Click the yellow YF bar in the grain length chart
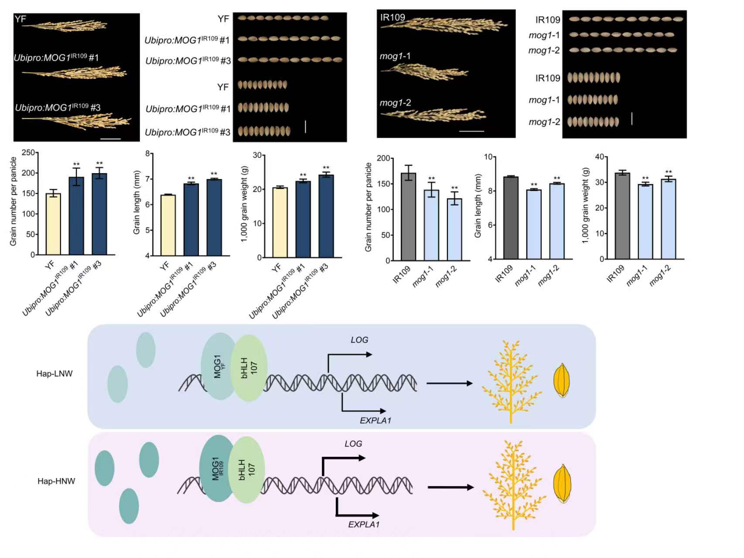(168, 225)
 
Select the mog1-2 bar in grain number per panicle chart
(454, 230)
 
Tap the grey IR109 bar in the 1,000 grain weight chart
(622, 216)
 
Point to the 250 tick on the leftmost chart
(28, 153)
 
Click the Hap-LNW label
(55, 374)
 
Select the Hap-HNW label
(56, 481)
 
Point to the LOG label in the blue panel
(359, 340)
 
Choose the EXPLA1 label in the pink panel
(364, 524)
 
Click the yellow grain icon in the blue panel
(562, 380)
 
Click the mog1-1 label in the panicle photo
(395, 56)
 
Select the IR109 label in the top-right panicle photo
(392, 17)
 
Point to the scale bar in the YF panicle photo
(110, 139)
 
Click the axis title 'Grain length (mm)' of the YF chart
(137, 203)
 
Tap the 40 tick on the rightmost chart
(600, 157)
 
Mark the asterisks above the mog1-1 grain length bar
(534, 185)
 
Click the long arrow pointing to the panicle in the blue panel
(449, 383)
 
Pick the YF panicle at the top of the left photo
(65, 26)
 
